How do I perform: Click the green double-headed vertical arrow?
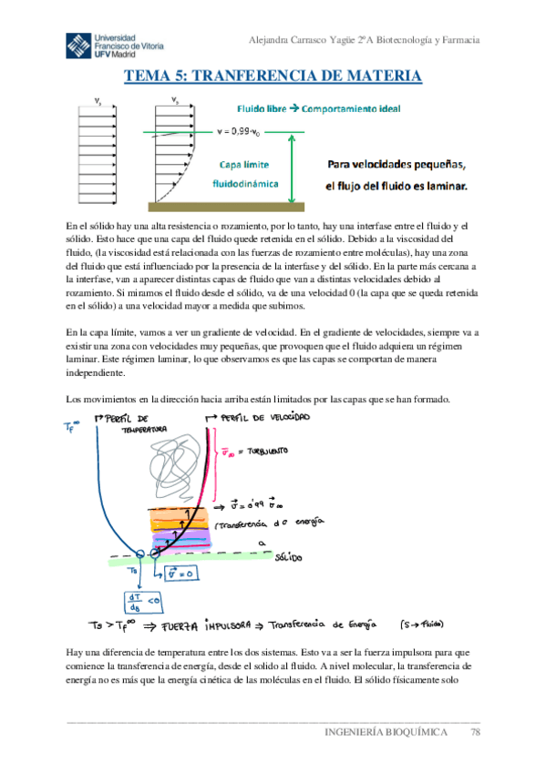(291, 168)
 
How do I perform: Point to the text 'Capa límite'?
(243, 165)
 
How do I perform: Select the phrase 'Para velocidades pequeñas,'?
(397, 166)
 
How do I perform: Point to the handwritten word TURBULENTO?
(264, 450)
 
